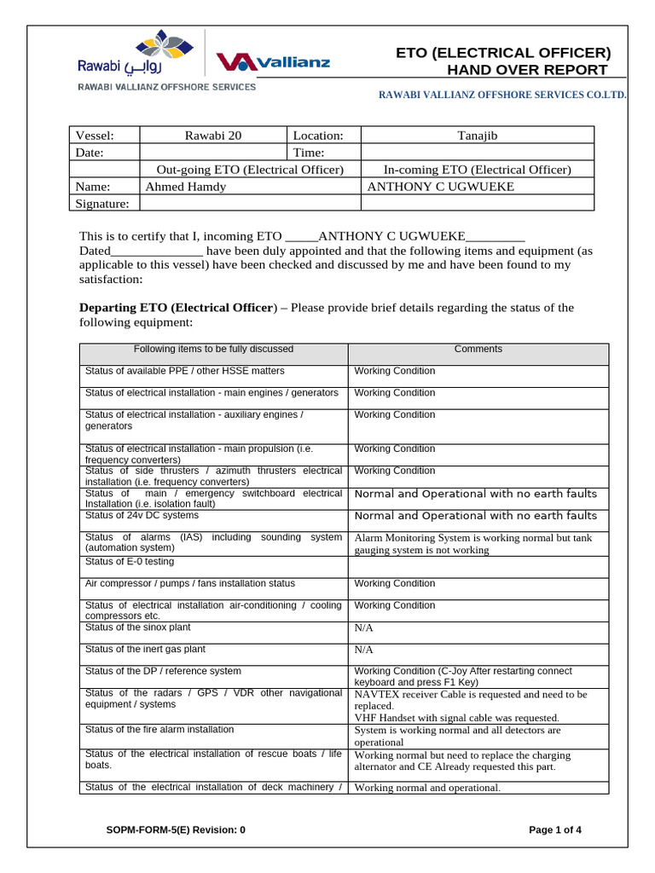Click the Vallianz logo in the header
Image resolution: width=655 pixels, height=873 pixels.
(x=272, y=62)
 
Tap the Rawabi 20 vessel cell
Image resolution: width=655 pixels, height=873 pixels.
(x=212, y=135)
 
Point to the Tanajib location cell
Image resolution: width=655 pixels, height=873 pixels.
(x=477, y=135)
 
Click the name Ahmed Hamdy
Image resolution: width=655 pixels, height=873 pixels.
(x=186, y=186)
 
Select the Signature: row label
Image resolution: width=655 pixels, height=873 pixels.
(x=102, y=203)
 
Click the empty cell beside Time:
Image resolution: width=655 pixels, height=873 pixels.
(x=477, y=152)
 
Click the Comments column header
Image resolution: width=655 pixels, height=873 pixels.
(x=478, y=349)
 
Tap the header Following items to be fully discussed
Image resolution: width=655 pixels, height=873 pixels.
(x=213, y=349)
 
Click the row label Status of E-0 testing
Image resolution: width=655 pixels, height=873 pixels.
(x=130, y=562)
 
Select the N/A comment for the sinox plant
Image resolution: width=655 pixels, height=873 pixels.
(x=364, y=627)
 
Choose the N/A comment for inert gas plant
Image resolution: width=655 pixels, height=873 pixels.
(x=364, y=650)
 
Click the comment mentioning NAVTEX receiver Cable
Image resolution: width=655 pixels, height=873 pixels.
(x=471, y=700)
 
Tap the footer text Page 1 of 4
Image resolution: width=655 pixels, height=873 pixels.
(x=555, y=830)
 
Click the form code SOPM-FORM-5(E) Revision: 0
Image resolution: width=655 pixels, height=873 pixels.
(x=175, y=830)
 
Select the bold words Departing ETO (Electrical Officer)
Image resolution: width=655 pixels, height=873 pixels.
(x=178, y=307)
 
